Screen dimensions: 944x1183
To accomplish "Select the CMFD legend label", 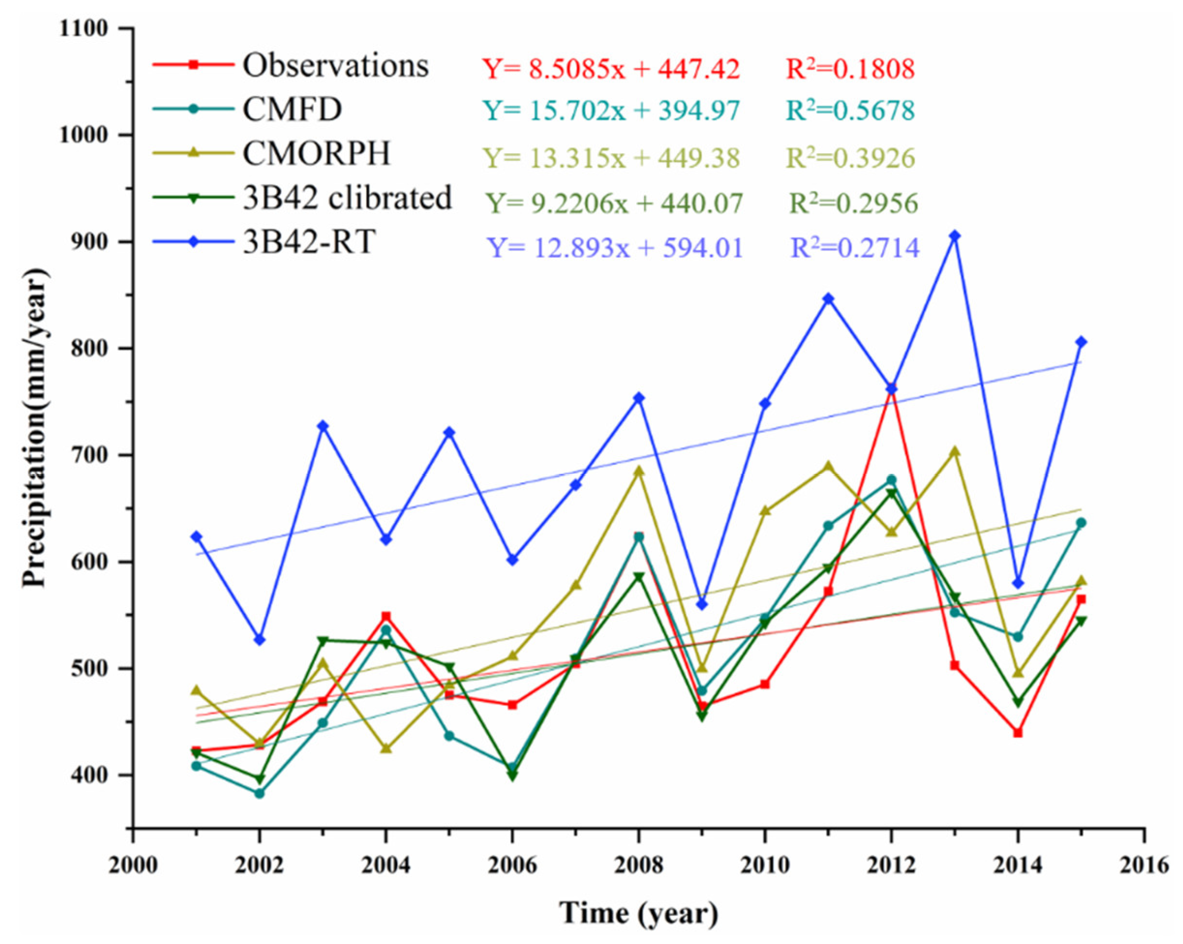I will pos(293,110).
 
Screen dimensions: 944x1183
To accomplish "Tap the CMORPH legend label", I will pos(317,154).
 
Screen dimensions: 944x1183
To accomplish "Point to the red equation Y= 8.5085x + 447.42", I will pos(611,69).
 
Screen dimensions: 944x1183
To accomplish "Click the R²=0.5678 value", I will pos(851,111).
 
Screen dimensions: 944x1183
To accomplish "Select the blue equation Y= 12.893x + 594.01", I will pos(615,248).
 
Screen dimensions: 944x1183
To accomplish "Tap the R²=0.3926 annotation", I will pos(851,158).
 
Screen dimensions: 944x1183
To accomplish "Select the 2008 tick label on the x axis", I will pos(638,866).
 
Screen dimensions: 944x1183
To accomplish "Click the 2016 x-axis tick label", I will pos(1144,866).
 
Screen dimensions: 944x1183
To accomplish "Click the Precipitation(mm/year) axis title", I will pos(35,428).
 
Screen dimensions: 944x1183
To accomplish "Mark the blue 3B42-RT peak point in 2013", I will pos(955,236).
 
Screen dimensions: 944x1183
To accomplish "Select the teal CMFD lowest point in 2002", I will pos(260,793).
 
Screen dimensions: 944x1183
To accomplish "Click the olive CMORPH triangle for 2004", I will pos(386,748).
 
